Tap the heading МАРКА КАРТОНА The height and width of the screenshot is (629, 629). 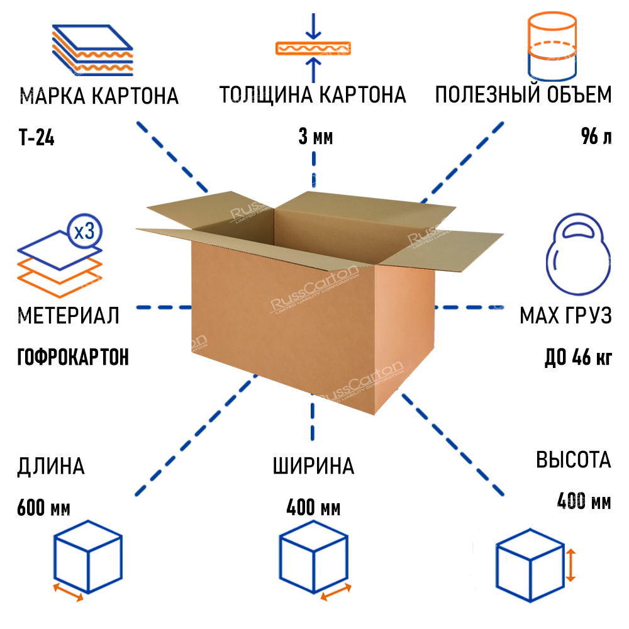[99, 97]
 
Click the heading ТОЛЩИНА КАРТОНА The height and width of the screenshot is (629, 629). [313, 96]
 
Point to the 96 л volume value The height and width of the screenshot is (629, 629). [596, 137]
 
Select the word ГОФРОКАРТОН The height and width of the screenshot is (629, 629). [72, 357]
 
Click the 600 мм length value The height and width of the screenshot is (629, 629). [43, 506]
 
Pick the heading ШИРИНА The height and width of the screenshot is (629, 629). [313, 467]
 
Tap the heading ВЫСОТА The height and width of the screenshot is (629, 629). [573, 460]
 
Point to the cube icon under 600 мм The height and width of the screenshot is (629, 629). [87, 557]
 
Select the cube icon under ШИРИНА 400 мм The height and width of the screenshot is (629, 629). [313, 557]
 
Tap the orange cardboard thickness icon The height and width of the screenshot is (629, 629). [313, 48]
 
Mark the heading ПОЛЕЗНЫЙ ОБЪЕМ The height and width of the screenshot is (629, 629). [523, 96]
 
